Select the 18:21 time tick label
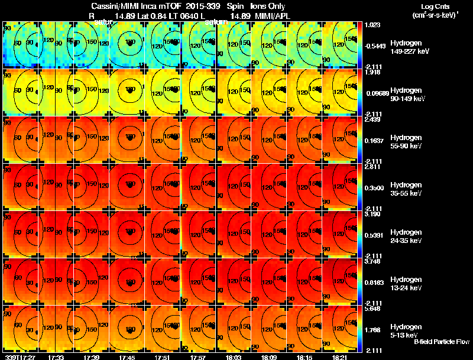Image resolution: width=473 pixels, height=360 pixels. click(x=340, y=357)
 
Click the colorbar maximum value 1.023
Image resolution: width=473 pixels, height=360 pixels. click(x=374, y=25)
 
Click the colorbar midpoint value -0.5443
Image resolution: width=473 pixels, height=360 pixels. click(x=375, y=46)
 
